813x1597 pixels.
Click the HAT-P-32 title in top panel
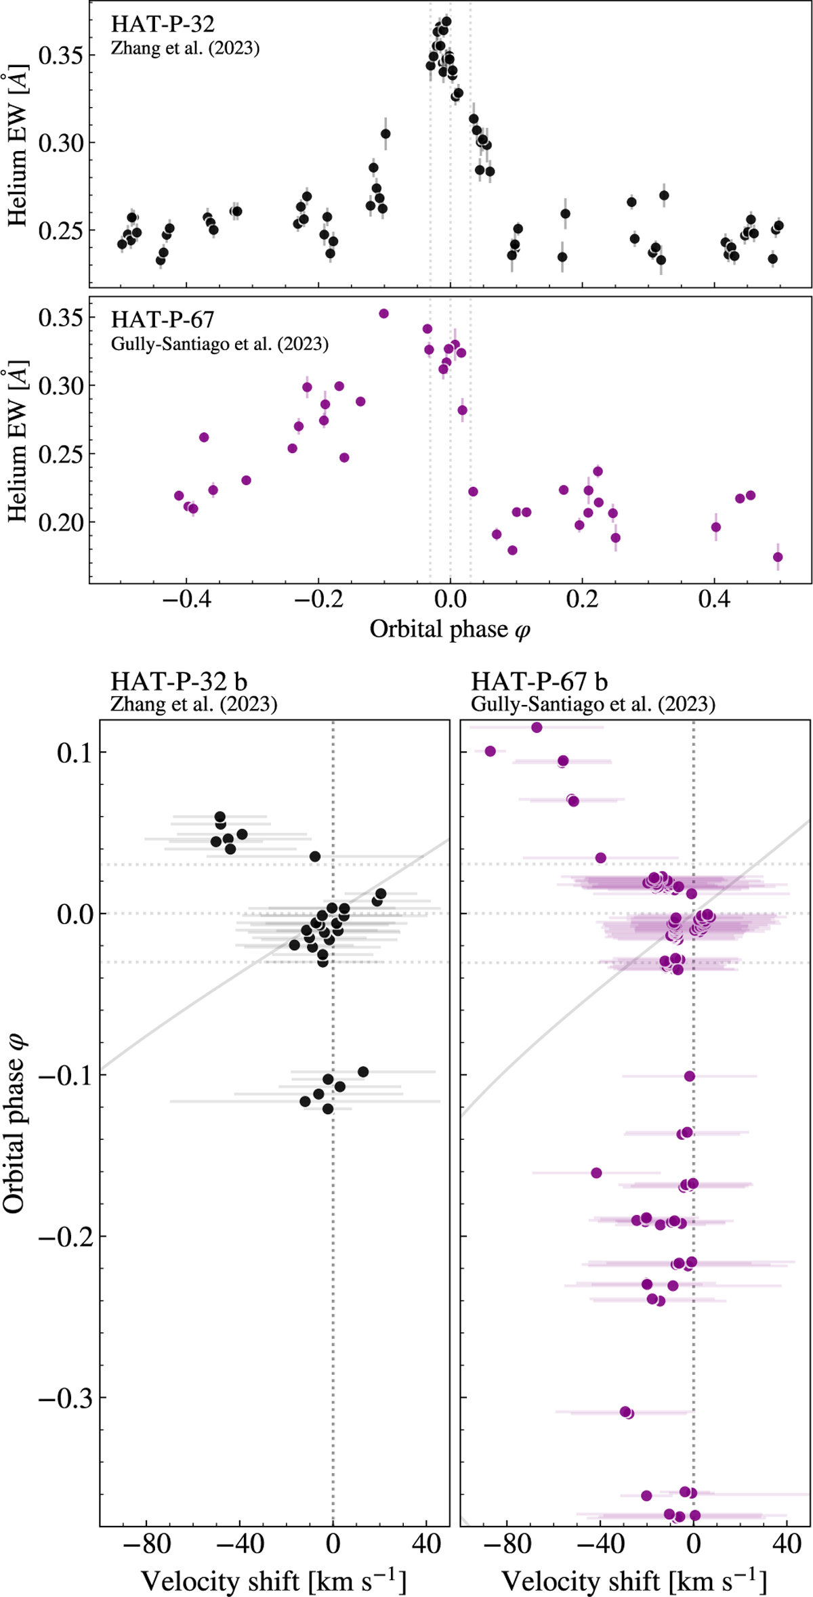point(163,24)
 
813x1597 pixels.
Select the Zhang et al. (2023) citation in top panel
point(185,49)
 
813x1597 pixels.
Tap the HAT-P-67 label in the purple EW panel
point(163,320)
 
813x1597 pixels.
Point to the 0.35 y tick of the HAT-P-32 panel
point(60,56)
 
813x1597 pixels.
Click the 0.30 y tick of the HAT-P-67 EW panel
point(60,386)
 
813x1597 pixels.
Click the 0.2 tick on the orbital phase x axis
point(582,601)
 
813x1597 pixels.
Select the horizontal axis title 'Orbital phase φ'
point(450,630)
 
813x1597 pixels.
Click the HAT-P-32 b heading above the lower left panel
point(179,681)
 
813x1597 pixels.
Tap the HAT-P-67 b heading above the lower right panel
point(539,681)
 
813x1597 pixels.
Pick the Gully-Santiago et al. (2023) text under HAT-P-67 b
point(593,704)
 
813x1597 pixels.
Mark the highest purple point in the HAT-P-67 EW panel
point(383,314)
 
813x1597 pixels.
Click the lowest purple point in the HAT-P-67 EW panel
point(778,557)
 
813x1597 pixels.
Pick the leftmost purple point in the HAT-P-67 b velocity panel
point(491,751)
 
